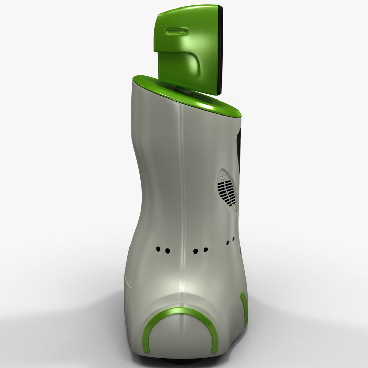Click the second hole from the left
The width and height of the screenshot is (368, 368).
[x=167, y=251]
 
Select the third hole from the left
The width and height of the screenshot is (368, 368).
[x=196, y=251]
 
